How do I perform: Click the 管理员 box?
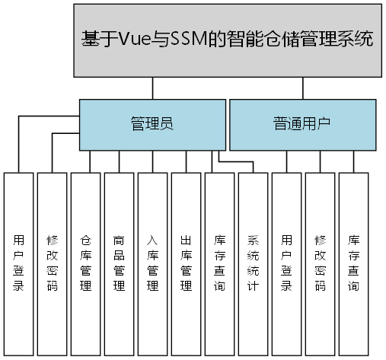click(152, 123)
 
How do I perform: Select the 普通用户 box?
click(302, 123)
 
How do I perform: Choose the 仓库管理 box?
click(86, 263)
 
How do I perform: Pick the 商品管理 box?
click(120, 263)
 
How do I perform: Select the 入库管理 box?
click(153, 263)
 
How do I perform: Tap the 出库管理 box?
click(187, 263)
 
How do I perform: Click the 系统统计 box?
click(254, 263)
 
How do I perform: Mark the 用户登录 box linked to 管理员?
click(19, 263)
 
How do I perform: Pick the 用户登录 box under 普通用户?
click(287, 263)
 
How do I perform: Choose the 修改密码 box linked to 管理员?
click(53, 263)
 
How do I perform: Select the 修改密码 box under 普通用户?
click(321, 263)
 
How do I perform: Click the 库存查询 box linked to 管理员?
click(220, 263)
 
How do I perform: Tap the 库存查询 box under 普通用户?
click(354, 263)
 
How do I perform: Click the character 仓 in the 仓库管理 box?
click(86, 240)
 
